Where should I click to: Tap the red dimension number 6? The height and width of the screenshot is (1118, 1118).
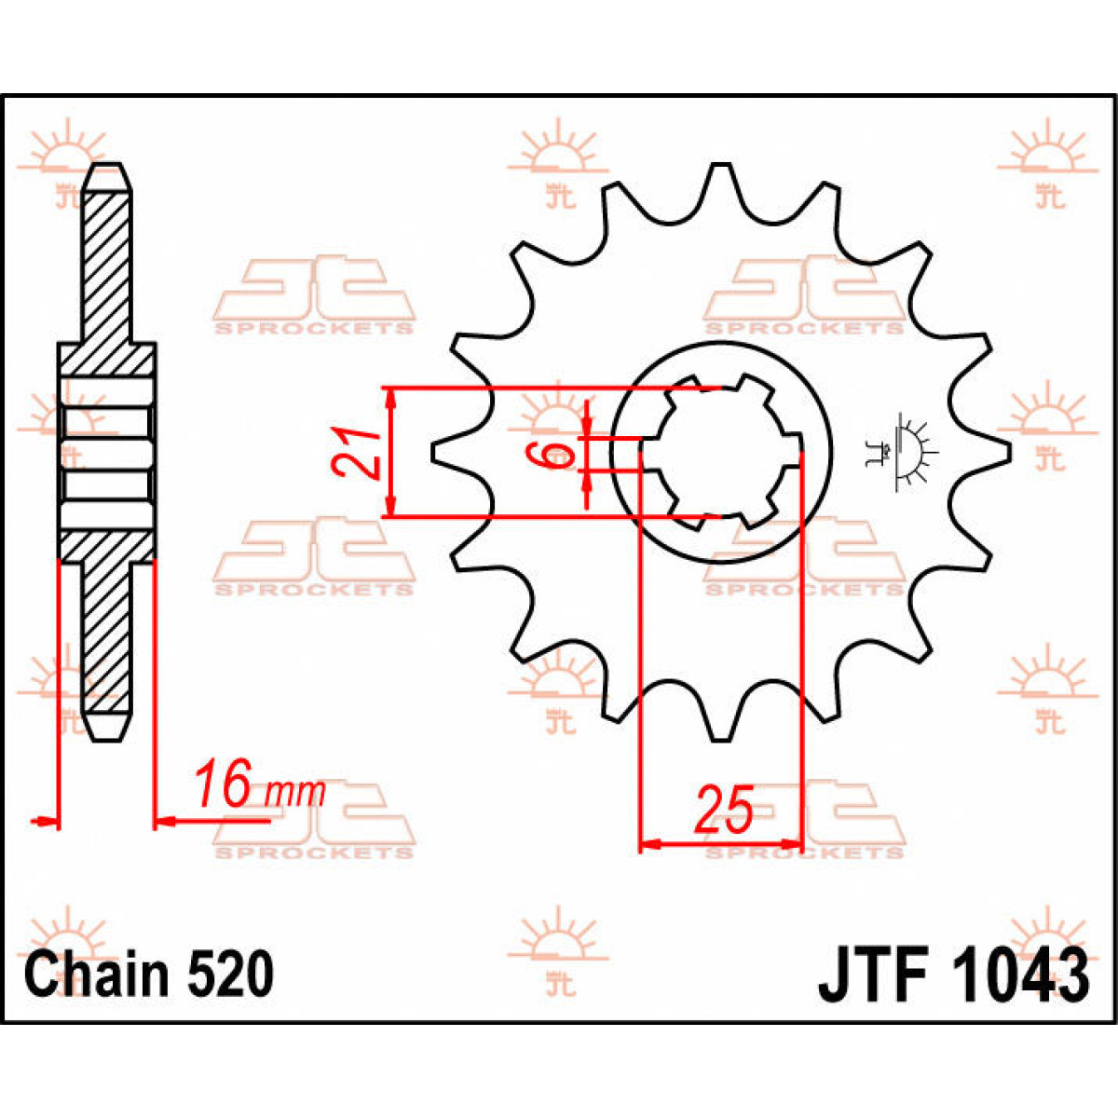[x=555, y=455]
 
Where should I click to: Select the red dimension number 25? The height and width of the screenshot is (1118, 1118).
[x=724, y=810]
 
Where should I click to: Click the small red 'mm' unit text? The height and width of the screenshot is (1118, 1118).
[x=295, y=793]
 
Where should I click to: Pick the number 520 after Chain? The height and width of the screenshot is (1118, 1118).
[x=229, y=975]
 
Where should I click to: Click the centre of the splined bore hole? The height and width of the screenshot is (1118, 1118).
[x=719, y=453]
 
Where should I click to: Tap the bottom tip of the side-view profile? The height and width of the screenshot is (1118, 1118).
[x=107, y=736]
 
